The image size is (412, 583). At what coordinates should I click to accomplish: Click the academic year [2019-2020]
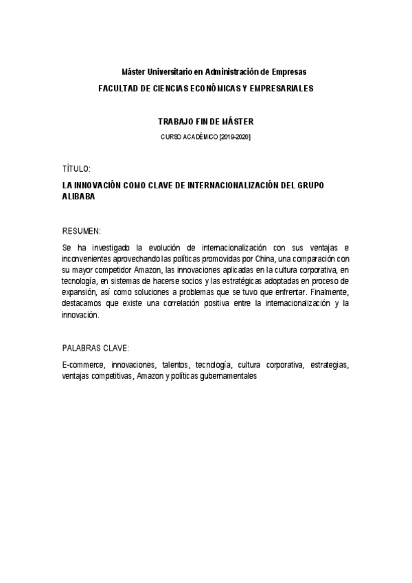coord(234,137)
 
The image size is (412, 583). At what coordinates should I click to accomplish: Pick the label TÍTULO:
coord(76,168)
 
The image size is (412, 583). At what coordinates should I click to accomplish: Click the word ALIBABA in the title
coord(78,197)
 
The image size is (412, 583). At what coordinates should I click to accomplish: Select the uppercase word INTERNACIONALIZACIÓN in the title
coord(221,186)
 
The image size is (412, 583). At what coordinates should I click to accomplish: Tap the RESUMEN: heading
coord(82,230)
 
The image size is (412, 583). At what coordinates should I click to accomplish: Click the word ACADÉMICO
coord(199,137)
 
